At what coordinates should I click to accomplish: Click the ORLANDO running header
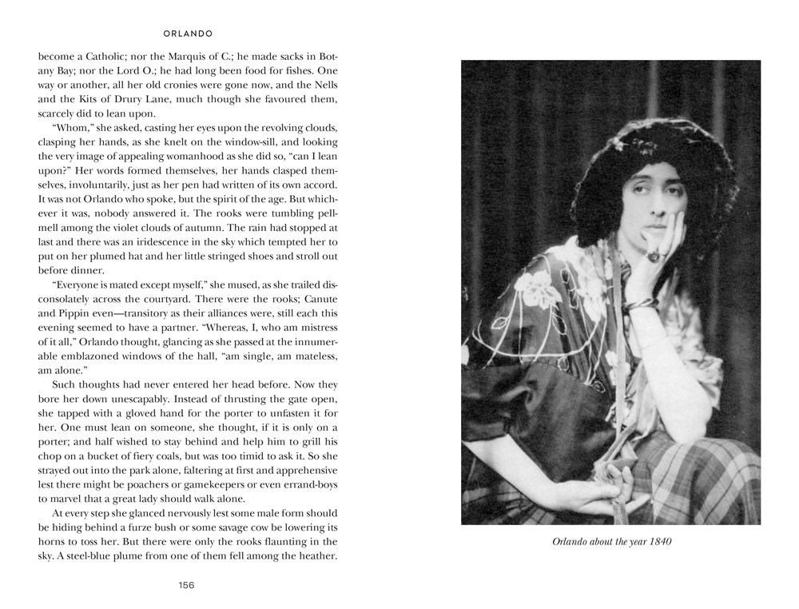[186, 34]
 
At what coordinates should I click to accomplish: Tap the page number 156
[186, 584]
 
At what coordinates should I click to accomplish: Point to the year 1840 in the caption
[657, 542]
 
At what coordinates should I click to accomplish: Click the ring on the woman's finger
[653, 257]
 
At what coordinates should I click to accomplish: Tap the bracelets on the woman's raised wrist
[640, 304]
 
